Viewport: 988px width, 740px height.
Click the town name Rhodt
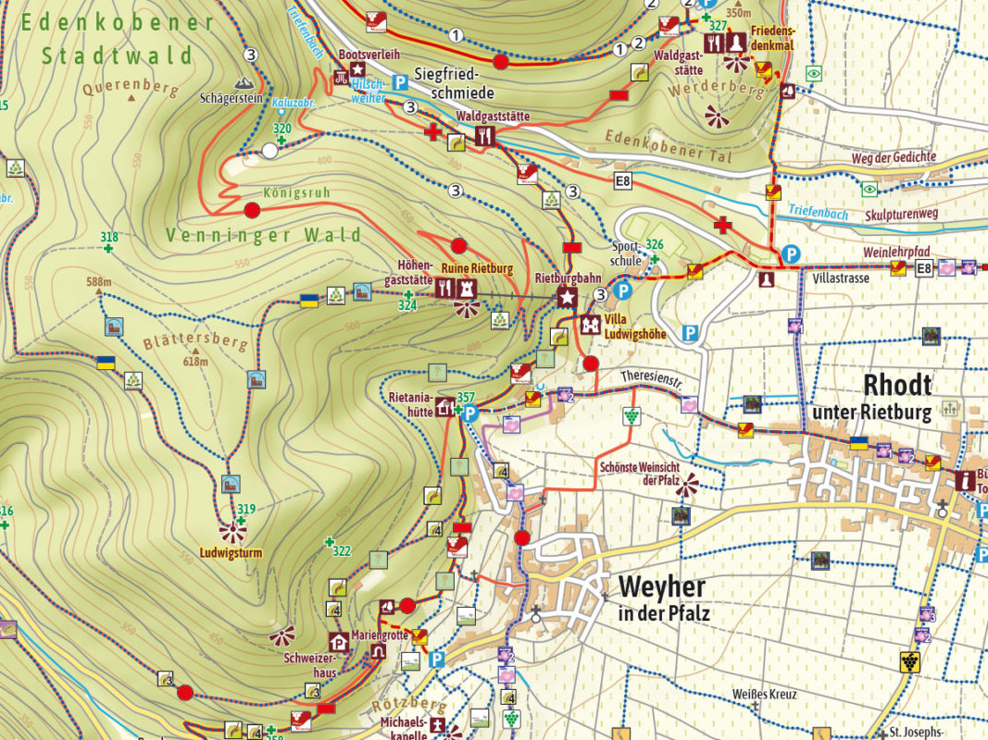pos(897,385)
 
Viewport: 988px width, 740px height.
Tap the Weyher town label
pos(661,586)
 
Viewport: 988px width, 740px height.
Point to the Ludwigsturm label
pos(231,553)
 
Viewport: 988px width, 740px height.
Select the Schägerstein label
pos(231,97)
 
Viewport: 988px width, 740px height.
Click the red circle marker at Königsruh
pos(251,210)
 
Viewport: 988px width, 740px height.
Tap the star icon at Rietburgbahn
pos(566,297)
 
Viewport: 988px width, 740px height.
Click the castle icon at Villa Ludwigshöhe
pos(590,325)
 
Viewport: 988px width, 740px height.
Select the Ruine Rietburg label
pos(476,269)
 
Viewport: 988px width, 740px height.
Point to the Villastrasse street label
pos(842,277)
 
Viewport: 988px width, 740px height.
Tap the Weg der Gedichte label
pos(894,157)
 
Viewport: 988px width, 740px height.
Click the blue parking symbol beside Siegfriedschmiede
pos(401,82)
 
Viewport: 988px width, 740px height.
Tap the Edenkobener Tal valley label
pos(668,148)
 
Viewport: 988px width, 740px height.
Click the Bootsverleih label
pos(370,55)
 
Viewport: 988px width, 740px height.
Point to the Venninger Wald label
pos(264,236)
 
